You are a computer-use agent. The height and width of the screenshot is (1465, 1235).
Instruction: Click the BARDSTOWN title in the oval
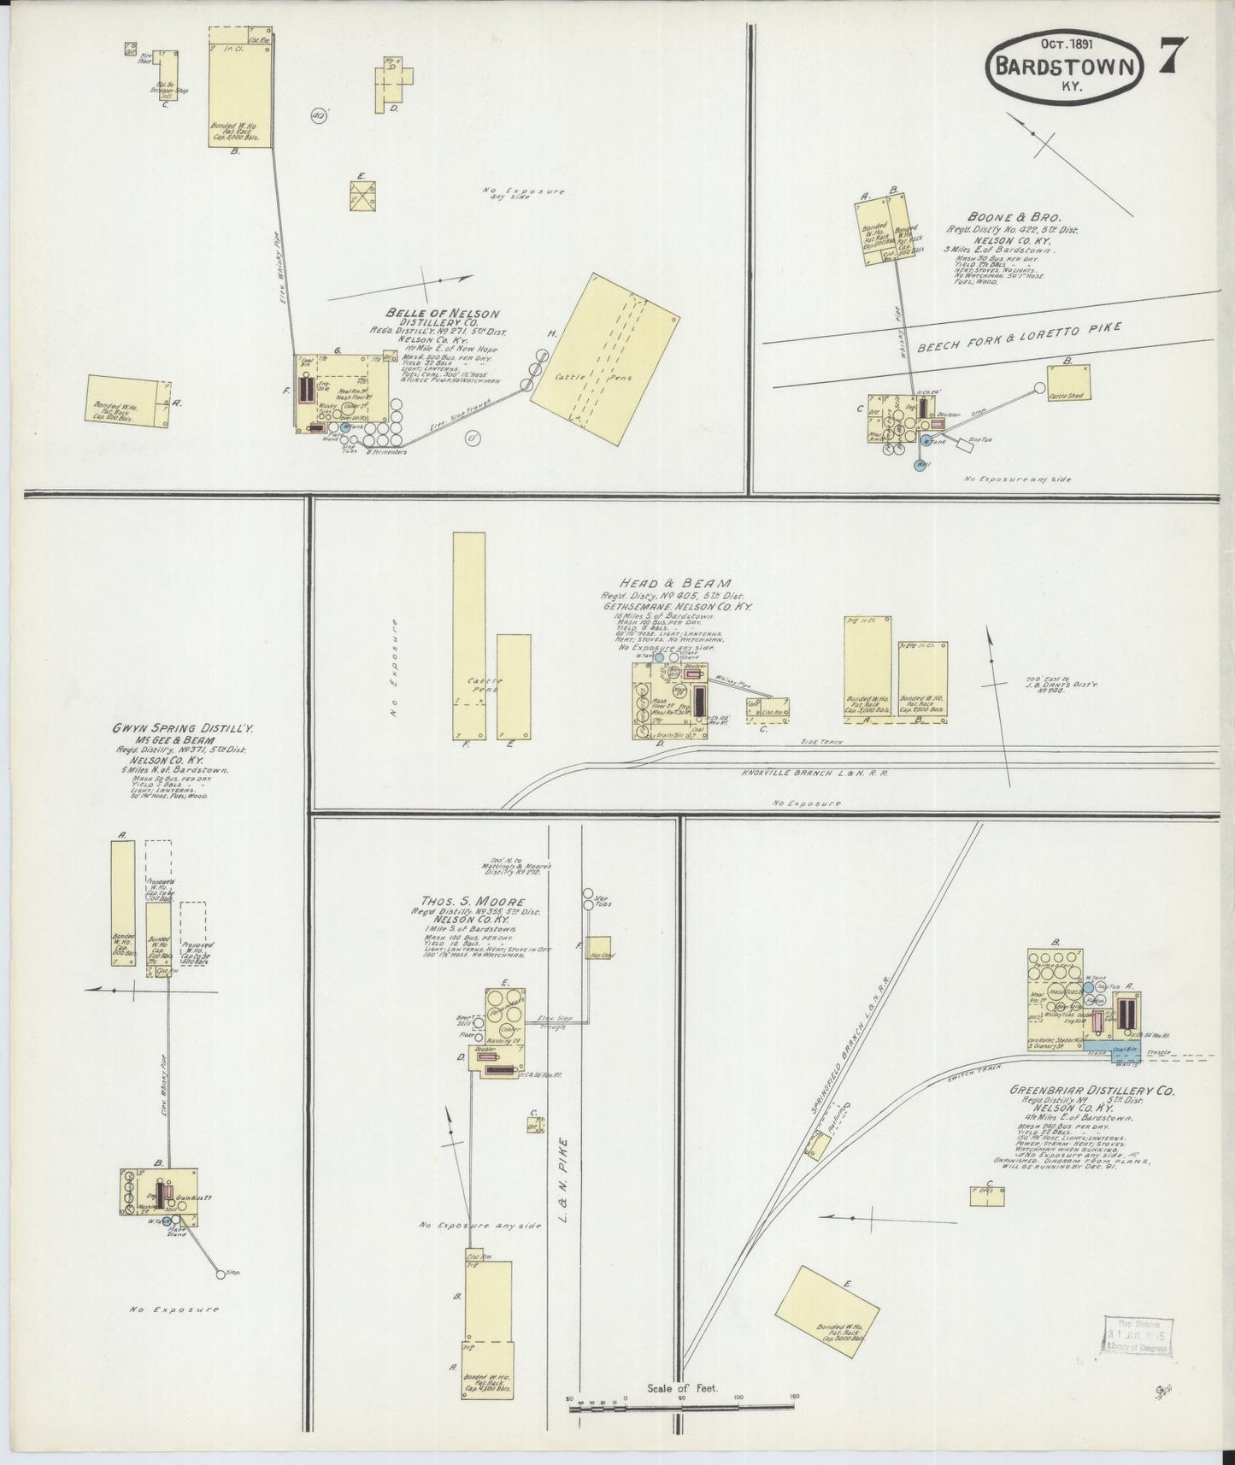(x=1064, y=68)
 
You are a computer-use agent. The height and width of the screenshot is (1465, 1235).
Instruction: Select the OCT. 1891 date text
(x=1064, y=42)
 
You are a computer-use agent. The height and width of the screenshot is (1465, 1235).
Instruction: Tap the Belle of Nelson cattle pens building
(x=605, y=359)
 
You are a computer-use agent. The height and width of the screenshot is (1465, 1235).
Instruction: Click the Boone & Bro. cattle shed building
(x=1068, y=383)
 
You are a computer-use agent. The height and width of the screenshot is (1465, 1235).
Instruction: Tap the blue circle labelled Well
(x=920, y=465)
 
